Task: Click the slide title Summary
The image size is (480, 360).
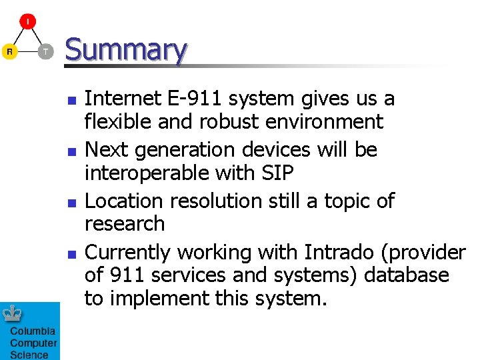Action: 125,51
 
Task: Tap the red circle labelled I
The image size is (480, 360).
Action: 27,22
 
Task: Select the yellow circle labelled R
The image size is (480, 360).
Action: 10,51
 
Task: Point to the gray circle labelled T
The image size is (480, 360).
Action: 45,51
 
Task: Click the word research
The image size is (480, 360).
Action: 125,224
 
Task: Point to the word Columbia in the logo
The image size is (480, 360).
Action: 33,332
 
